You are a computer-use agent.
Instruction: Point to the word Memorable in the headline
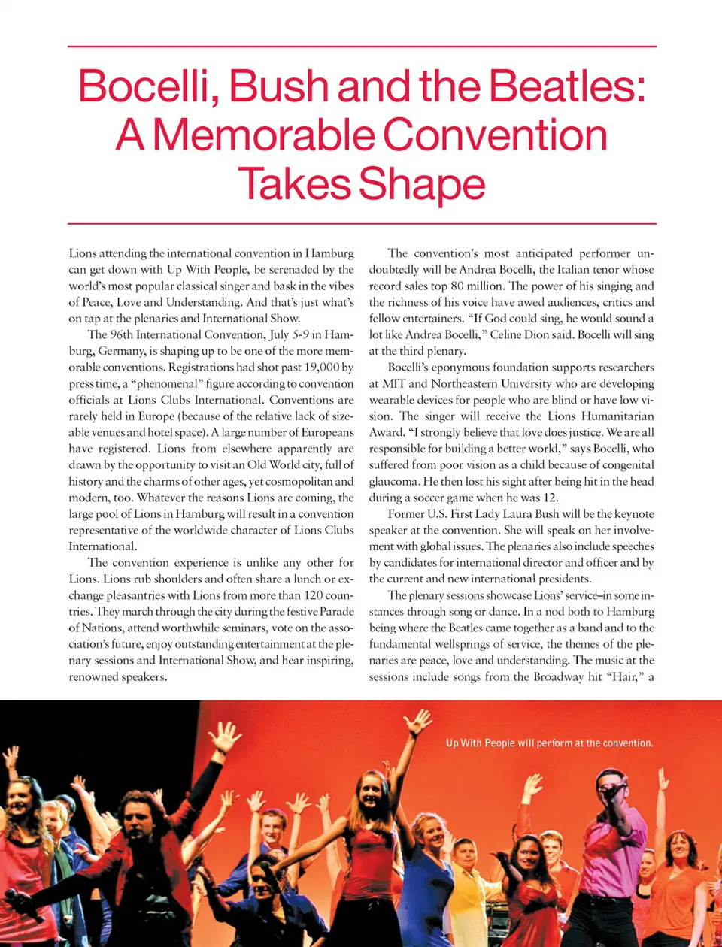[264, 136]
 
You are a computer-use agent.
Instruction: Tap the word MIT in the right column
[394, 384]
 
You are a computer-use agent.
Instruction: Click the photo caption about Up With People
[549, 743]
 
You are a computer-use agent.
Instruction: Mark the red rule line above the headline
[361, 47]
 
